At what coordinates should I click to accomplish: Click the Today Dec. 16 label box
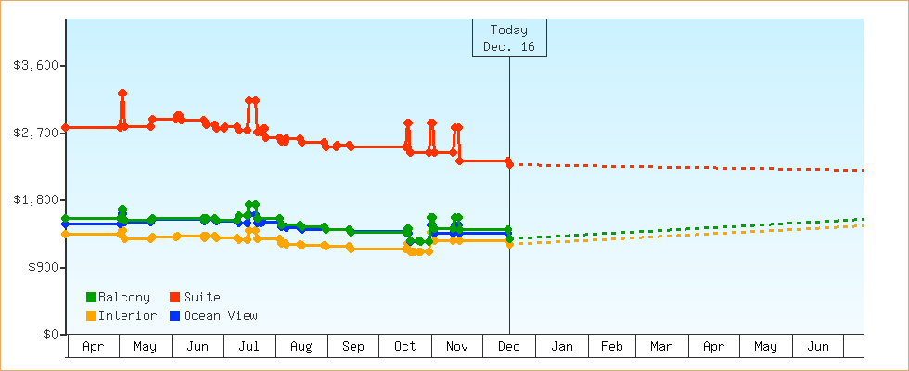509,37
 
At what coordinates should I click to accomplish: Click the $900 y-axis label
42,267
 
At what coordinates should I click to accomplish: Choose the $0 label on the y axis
50,335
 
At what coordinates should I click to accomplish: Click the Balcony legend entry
118,297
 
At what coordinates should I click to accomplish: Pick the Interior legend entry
121,315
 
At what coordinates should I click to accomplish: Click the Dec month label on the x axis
509,347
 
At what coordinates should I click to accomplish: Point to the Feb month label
611,347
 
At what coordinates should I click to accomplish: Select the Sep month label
353,347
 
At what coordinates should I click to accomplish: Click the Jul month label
249,347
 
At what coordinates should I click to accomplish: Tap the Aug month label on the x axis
301,347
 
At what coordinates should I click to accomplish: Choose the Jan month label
562,347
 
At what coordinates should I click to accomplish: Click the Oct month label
405,347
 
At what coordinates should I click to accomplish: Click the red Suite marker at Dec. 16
509,161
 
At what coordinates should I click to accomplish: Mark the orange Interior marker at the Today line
509,240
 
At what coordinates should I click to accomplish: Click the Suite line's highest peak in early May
122,93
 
